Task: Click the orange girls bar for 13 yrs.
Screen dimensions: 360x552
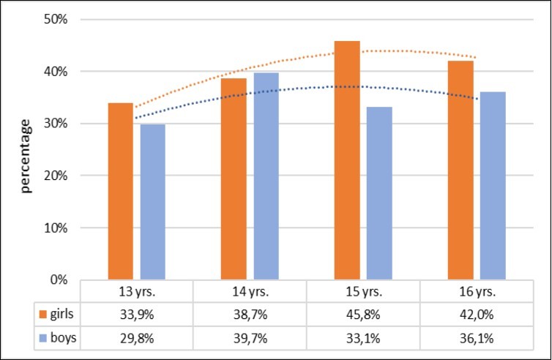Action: coord(120,191)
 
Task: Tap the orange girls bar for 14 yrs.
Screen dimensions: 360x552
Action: coord(234,179)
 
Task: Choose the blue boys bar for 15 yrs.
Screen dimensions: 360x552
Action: coord(379,193)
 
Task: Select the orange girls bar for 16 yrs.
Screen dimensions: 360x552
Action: coord(460,170)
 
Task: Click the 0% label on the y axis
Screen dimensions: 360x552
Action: coord(59,280)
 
